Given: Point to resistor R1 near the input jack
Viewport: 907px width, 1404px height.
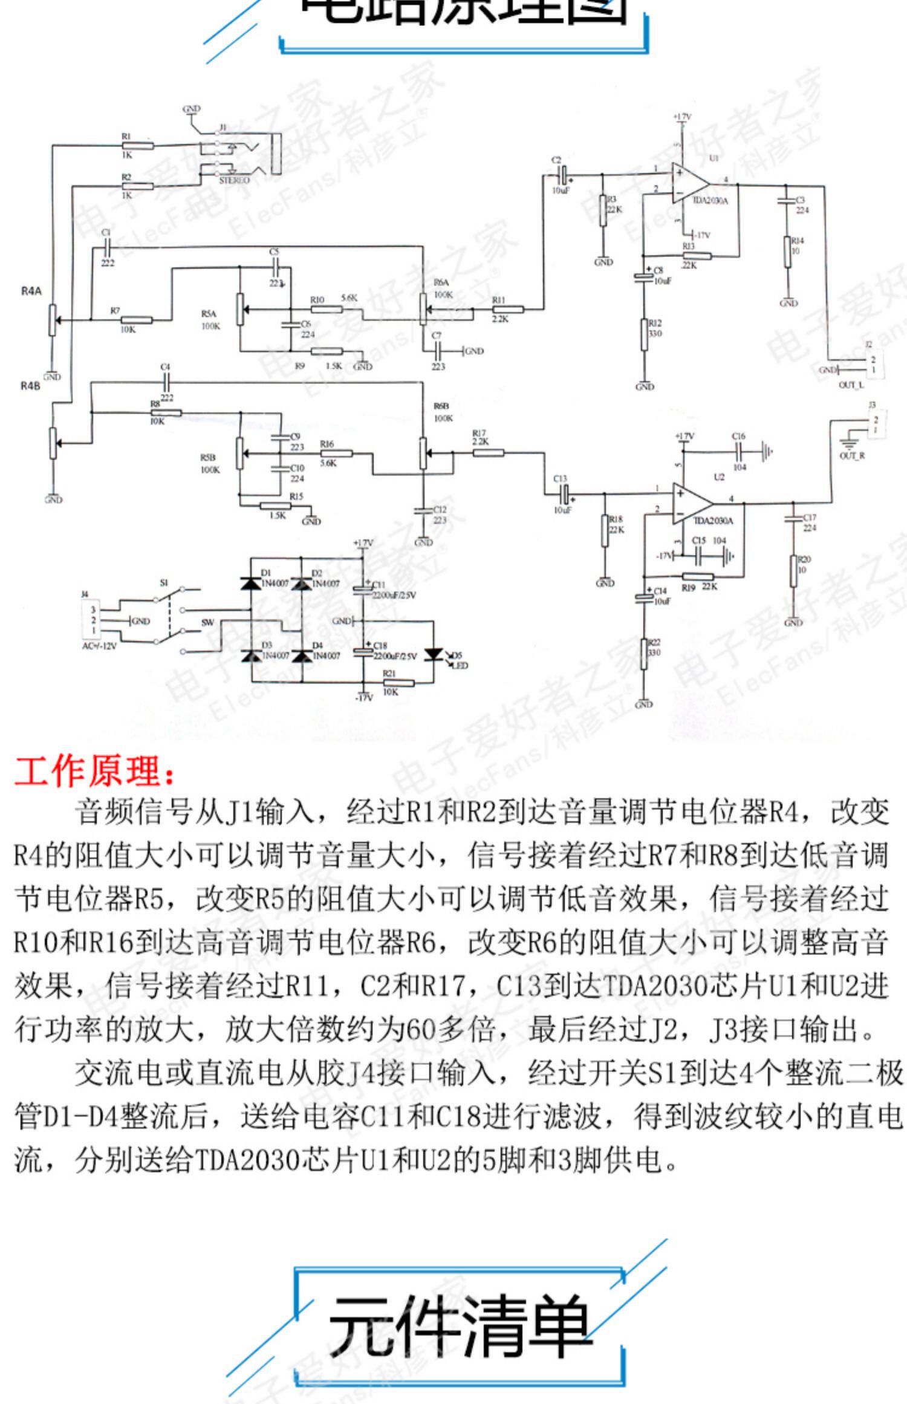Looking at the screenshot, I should pyautogui.click(x=137, y=146).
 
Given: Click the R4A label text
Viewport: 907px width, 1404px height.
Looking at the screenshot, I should pyautogui.click(x=31, y=291).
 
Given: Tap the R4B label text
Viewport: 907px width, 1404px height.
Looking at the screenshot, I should pyautogui.click(x=30, y=386).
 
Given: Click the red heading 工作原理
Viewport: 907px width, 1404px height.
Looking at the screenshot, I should pyautogui.click(x=94, y=772).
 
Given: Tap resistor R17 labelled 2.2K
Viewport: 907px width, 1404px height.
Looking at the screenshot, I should pyautogui.click(x=488, y=451).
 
